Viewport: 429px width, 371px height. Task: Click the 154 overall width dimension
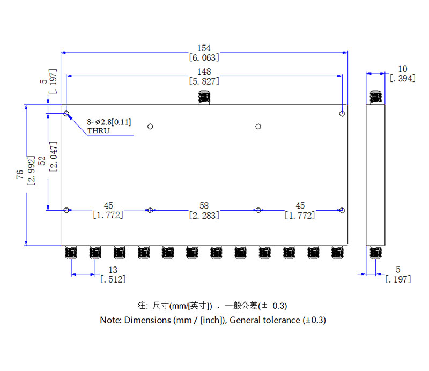pyautogui.click(x=204, y=49)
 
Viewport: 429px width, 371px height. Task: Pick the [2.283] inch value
pyautogui.click(x=204, y=216)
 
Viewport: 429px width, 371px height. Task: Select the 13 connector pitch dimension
pyautogui.click(x=113, y=270)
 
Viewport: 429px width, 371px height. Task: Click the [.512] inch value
pyautogui.click(x=113, y=279)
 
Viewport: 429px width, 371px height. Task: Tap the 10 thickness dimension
pyautogui.click(x=403, y=69)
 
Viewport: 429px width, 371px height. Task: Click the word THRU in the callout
pyautogui.click(x=98, y=131)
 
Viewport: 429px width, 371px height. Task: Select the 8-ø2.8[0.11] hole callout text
pyautogui.click(x=109, y=122)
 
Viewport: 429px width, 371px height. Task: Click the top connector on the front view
pyautogui.click(x=204, y=98)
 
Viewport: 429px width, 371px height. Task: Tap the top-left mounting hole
pyautogui.click(x=66, y=114)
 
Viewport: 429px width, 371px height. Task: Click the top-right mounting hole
pyautogui.click(x=342, y=114)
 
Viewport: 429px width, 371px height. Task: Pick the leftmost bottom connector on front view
pyautogui.click(x=70, y=253)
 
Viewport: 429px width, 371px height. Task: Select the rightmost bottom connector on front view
pyautogui.click(x=337, y=253)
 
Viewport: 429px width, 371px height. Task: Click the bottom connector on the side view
pyautogui.click(x=376, y=253)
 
